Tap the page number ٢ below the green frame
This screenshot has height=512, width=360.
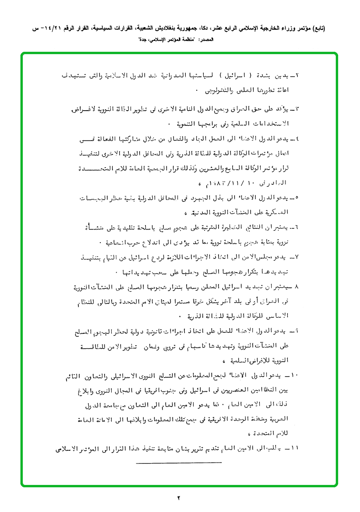[x=179, y=498]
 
